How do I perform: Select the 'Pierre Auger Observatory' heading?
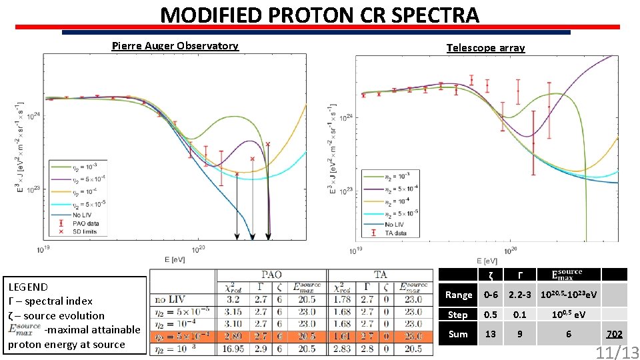(175, 46)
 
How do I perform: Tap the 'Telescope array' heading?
(485, 48)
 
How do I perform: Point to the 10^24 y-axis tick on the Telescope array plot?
(348, 118)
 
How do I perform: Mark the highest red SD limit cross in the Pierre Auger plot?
(268, 144)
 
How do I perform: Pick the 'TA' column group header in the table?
(381, 274)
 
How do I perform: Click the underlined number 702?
(613, 333)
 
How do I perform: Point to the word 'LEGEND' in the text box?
(27, 287)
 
